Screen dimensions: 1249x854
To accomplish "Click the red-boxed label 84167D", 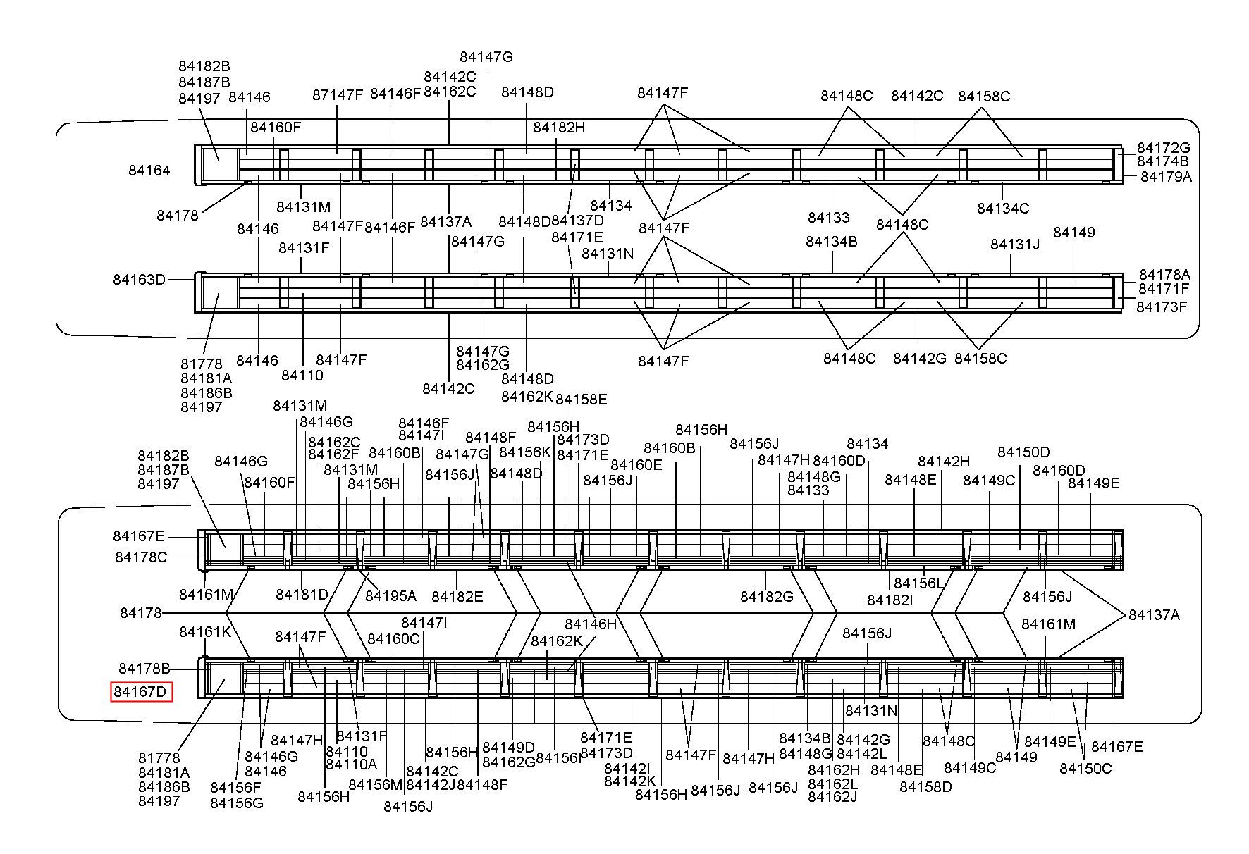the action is (x=141, y=692).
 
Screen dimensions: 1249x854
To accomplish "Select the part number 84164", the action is (x=149, y=171).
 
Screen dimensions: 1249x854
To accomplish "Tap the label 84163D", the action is (x=140, y=280).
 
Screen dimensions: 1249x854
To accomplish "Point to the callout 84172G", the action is (x=1164, y=148).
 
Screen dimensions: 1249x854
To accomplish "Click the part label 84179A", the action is (x=1167, y=176).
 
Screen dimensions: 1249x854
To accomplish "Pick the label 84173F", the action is (x=1162, y=307).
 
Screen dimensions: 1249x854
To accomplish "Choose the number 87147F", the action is (x=338, y=95).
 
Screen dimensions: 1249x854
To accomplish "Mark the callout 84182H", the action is (x=559, y=128).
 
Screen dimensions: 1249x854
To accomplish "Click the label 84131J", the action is (x=1015, y=245).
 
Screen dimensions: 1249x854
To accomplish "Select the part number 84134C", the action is (x=1003, y=208).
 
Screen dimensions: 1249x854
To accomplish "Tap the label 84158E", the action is (x=582, y=400).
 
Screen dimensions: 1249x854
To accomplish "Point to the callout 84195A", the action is (x=391, y=596).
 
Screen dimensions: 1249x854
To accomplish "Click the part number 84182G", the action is (x=767, y=597).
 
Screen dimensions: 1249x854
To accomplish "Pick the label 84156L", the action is (x=918, y=583).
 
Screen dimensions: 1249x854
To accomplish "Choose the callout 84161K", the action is (x=205, y=632).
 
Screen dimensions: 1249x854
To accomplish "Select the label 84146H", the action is (x=591, y=624).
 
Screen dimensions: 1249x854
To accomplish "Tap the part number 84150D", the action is (x=1023, y=452).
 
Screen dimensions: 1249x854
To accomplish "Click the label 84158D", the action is (x=925, y=787).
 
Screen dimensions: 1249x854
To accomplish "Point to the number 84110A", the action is (x=352, y=765).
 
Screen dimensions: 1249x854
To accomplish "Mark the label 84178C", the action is (x=142, y=557).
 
